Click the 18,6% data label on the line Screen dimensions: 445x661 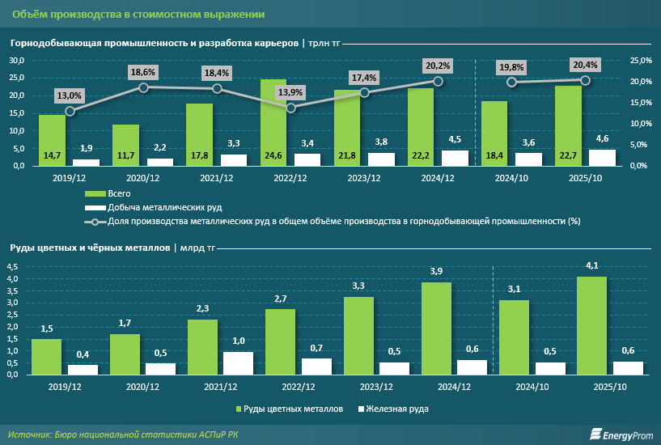(x=143, y=72)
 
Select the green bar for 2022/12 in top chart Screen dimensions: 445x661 (x=273, y=121)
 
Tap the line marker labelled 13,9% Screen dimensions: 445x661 (x=291, y=108)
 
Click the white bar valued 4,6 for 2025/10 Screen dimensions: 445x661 (x=602, y=158)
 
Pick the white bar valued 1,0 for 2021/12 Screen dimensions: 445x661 (x=237, y=363)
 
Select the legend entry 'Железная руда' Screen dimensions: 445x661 (x=397, y=409)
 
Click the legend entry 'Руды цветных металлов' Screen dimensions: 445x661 (x=294, y=409)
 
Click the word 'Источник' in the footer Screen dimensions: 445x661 (x=29, y=434)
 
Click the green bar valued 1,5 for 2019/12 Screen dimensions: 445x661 (x=47, y=356)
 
